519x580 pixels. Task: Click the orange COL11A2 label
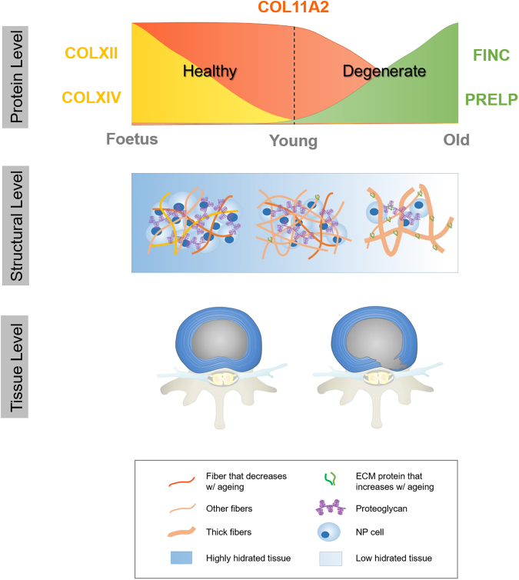[x=295, y=9]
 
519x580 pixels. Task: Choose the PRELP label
[x=491, y=98]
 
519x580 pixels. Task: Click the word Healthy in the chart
[x=208, y=72]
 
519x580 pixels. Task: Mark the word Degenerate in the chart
[x=384, y=72]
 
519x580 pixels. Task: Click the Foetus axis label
[x=131, y=139]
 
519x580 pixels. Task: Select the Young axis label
[x=293, y=142]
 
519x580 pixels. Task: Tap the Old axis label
[x=456, y=140]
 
